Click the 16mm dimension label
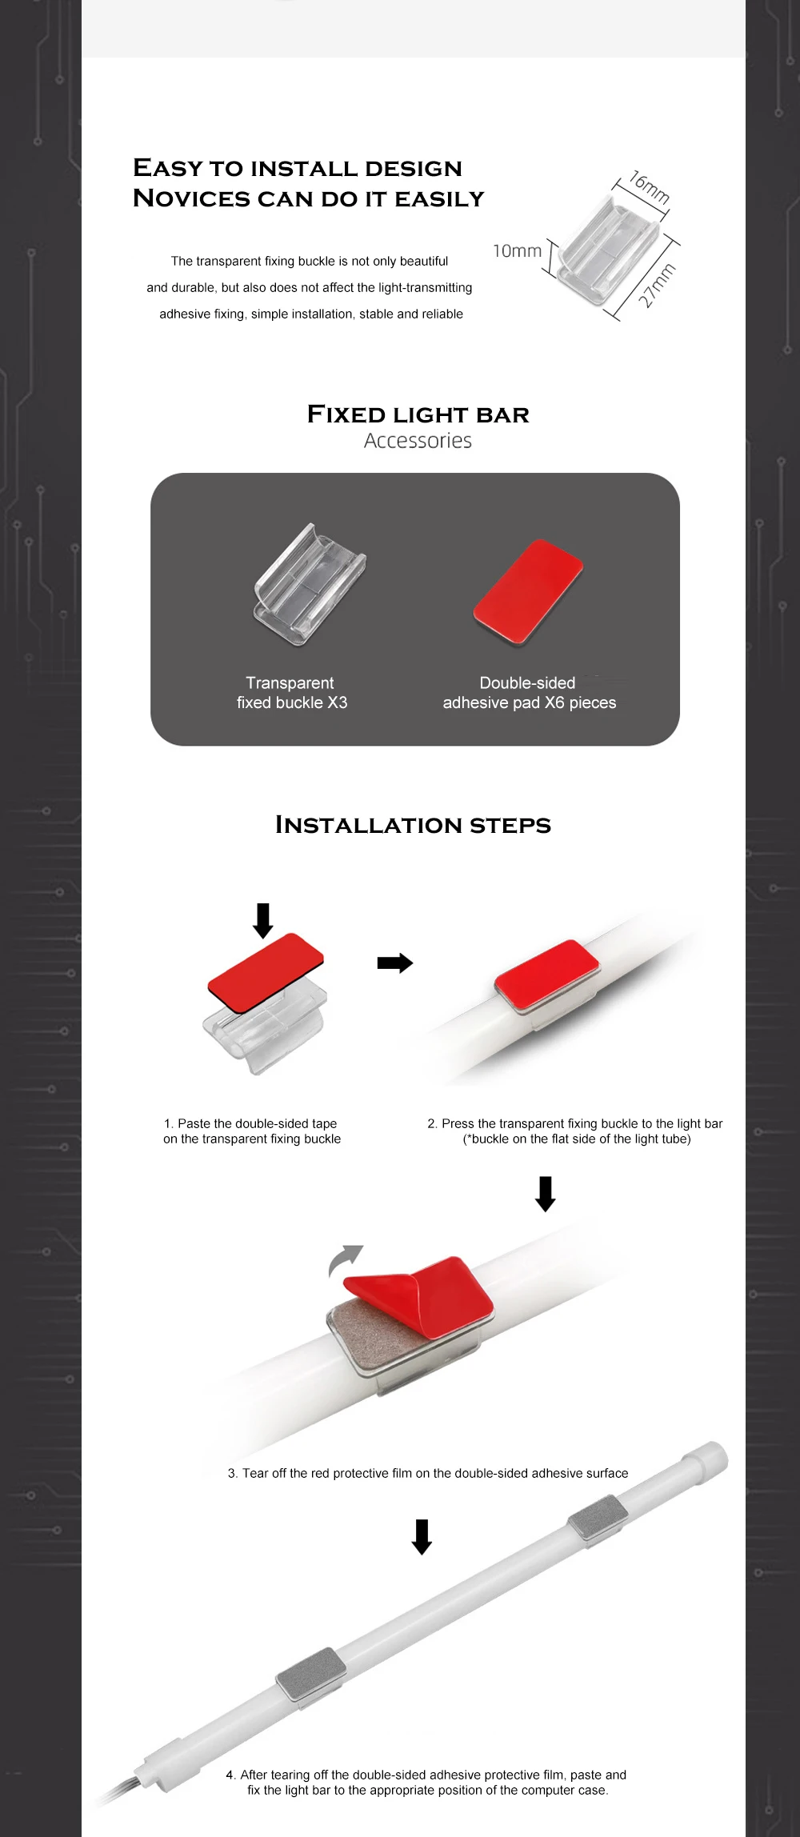650,186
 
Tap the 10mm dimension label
517,251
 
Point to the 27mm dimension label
657,285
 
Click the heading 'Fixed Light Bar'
418,414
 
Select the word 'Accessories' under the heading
418,441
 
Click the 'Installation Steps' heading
413,825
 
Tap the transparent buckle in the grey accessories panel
310,583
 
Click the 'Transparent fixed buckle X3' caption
292,693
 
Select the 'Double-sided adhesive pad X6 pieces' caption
530,693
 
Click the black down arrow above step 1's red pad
262,920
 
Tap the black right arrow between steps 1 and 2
395,963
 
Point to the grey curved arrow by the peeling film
344,1259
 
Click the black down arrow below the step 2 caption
546,1194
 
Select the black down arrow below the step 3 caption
422,1536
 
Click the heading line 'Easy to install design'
298,168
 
